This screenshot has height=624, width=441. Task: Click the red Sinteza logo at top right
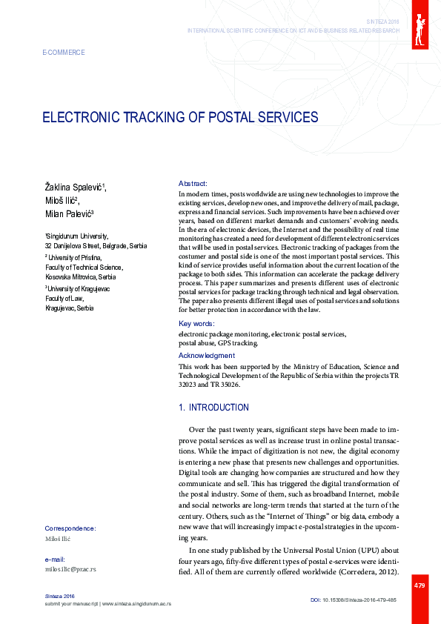coord(420,25)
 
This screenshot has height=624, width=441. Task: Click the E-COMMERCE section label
coord(65,53)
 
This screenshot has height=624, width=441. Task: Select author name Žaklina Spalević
coord(74,185)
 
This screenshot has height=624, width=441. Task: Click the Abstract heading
coord(193,183)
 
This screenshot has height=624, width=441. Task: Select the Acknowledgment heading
coord(207,356)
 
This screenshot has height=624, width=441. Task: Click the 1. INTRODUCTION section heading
coord(214,408)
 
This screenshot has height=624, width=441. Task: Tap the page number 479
coord(420,585)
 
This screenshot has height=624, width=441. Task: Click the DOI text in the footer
coord(353,599)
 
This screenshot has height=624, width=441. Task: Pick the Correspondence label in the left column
coord(70,528)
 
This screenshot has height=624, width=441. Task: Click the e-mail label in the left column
coord(56,559)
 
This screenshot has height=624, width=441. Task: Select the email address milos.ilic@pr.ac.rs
coord(70,569)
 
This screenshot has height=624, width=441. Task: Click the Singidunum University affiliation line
coord(77,235)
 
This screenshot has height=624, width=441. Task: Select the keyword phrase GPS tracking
coord(238,343)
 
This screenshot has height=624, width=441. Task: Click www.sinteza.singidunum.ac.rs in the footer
coord(136,604)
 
